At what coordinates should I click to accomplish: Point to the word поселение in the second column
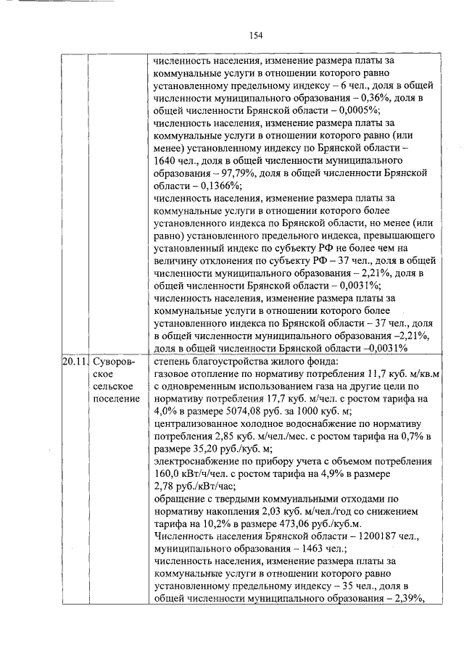coord(115,399)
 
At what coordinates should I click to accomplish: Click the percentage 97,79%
coord(229,174)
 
